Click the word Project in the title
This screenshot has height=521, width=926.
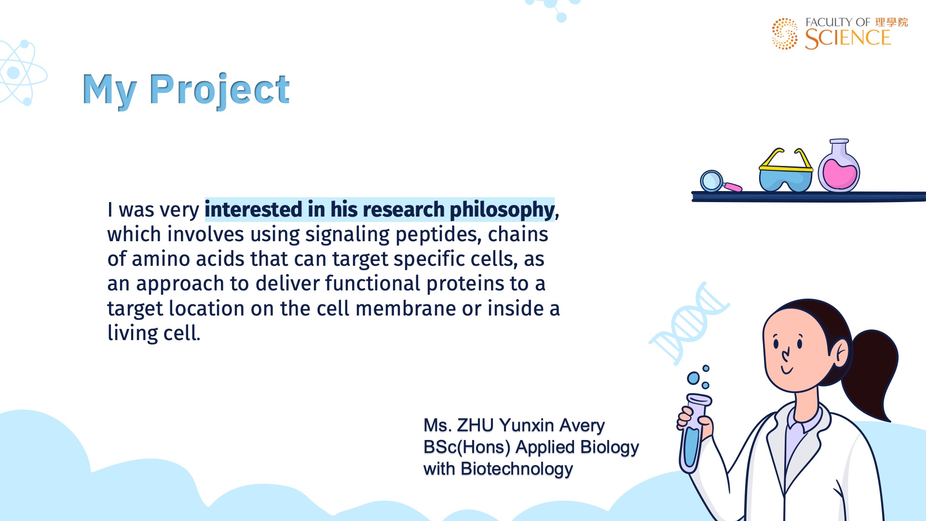point(219,90)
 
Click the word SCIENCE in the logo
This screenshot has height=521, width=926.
point(848,39)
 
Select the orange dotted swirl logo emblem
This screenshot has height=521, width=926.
point(785,34)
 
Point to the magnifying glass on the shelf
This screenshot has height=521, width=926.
point(720,182)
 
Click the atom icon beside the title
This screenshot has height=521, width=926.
point(22,73)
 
